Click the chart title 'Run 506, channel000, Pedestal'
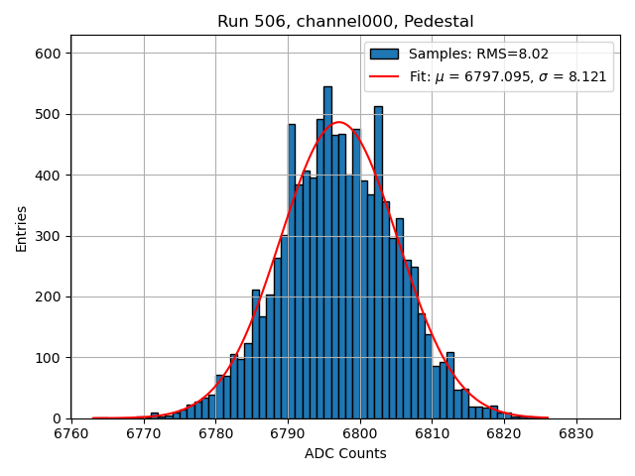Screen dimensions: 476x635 [x=345, y=21]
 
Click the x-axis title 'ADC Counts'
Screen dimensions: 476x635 [x=345, y=453]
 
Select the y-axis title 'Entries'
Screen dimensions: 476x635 [x=21, y=228]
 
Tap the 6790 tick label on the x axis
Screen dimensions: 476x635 [x=288, y=433]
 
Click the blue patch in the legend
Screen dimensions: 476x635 [x=385, y=54]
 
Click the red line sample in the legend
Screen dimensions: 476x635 [x=385, y=76]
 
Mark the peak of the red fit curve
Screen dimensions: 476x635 [x=337, y=122]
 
